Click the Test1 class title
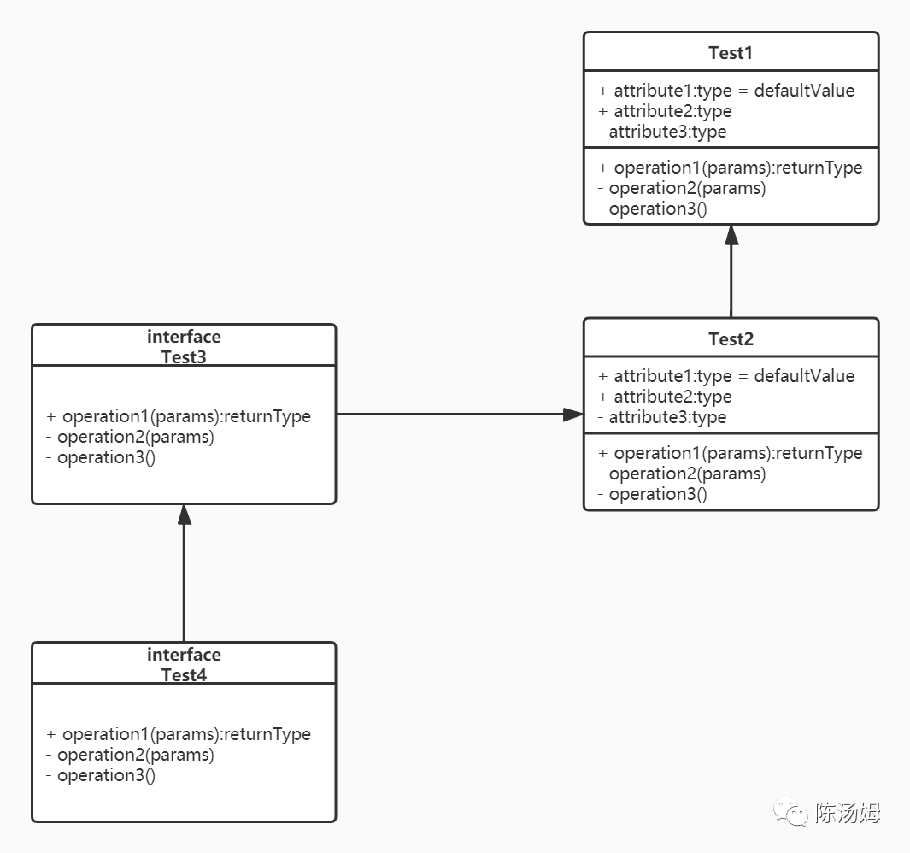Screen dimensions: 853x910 click(731, 53)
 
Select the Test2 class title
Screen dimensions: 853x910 click(731, 339)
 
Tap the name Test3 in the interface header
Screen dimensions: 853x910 click(184, 356)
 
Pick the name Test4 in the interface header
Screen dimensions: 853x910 click(184, 674)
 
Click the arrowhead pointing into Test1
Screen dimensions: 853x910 click(731, 235)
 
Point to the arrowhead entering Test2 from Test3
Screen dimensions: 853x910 click(572, 415)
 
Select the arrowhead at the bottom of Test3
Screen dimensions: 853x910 click(184, 515)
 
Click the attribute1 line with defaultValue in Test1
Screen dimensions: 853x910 click(726, 91)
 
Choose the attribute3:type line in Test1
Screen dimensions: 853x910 click(662, 132)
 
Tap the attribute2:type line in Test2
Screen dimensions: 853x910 click(665, 397)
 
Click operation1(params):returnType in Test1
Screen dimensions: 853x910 click(731, 168)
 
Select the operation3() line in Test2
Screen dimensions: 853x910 click(653, 494)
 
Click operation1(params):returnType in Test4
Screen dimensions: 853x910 click(179, 734)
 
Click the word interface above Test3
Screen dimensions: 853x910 click(184, 337)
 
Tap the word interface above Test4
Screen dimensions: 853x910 click(184, 655)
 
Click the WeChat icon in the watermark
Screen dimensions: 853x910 click(790, 812)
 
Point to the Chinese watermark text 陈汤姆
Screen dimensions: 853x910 click(848, 812)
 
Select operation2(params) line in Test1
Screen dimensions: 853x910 click(682, 189)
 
